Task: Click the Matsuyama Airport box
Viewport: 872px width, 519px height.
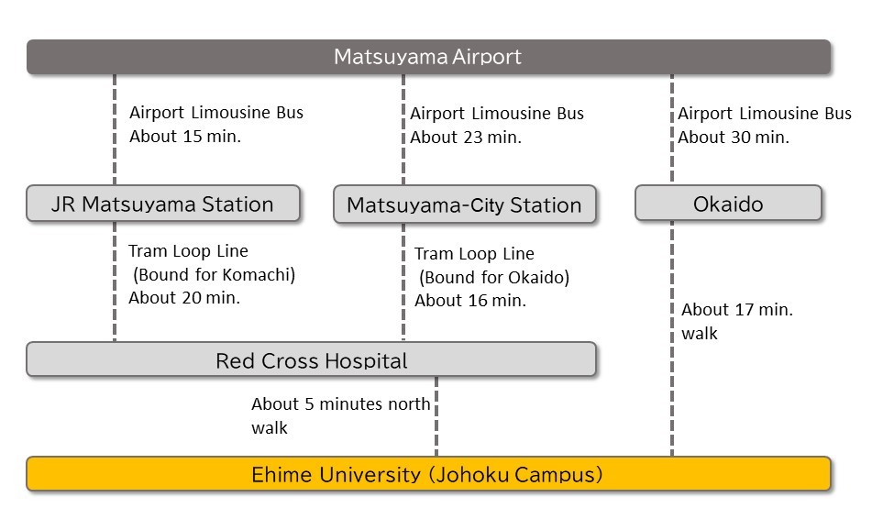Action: click(x=428, y=57)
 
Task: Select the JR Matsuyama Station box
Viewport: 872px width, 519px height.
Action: click(x=163, y=204)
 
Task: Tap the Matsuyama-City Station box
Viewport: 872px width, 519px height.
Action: click(x=464, y=205)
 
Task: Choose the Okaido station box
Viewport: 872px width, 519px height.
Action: click(x=728, y=204)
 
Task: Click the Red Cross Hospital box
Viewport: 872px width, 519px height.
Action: click(x=311, y=359)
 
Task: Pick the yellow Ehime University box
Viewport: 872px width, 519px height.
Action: click(x=428, y=475)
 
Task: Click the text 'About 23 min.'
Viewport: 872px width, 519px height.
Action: click(x=465, y=138)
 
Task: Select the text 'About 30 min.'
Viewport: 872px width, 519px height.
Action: click(x=733, y=137)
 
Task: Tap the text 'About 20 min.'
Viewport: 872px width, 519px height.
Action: click(x=183, y=297)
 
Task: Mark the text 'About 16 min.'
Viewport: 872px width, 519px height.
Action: click(x=469, y=300)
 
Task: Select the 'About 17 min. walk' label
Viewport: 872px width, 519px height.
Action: click(x=737, y=321)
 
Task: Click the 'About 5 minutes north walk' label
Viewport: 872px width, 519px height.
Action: click(x=340, y=415)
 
